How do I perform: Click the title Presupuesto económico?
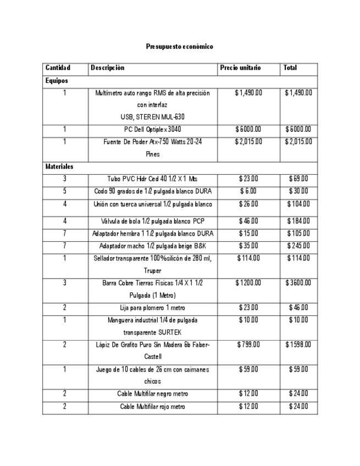point(180,47)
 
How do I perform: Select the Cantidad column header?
point(58,68)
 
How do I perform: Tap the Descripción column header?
point(108,68)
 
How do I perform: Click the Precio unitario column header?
point(240,68)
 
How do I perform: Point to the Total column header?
point(290,68)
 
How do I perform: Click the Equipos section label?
point(57,80)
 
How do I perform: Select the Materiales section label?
point(60,165)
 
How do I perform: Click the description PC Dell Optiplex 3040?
point(153,130)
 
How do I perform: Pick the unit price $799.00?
point(248,344)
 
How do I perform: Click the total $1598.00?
point(298,344)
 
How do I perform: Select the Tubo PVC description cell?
point(153,179)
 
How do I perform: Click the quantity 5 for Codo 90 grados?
point(64,191)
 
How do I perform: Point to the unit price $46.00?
point(248,221)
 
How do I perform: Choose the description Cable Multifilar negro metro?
point(153,393)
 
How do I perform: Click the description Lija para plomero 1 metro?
point(153,308)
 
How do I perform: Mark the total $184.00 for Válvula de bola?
point(298,221)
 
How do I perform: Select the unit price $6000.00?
point(248,130)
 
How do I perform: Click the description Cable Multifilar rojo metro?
point(153,406)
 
